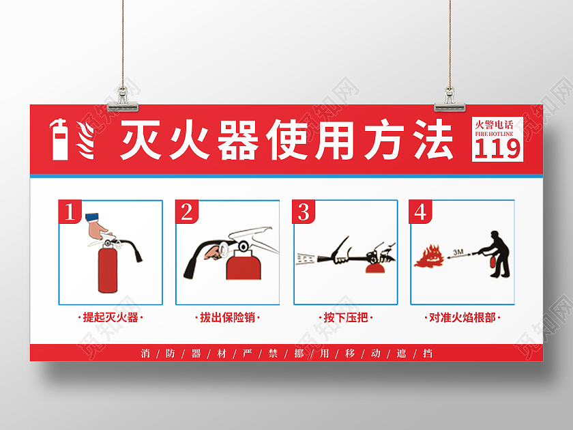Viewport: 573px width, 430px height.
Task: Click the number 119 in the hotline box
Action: (497, 149)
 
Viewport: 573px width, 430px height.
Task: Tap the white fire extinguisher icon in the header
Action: (59, 139)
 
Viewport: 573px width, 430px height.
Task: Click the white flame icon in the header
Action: (85, 140)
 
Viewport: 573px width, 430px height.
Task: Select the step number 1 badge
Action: (70, 212)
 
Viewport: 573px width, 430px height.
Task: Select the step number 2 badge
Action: (187, 212)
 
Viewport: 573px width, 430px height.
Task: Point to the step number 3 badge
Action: (304, 212)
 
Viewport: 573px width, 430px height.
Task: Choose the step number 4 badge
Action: (420, 212)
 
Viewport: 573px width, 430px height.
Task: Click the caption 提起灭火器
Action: (111, 317)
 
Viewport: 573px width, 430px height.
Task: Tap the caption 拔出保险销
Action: (227, 317)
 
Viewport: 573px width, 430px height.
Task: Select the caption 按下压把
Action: (345, 317)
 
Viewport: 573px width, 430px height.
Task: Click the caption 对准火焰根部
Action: (462, 317)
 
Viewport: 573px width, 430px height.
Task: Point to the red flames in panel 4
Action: (429, 257)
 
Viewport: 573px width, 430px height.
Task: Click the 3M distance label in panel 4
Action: (458, 252)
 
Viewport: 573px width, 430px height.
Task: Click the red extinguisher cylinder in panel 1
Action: (108, 269)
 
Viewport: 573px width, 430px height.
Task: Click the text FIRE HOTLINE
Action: (494, 134)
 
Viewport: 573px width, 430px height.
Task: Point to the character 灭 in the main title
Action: (140, 140)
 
